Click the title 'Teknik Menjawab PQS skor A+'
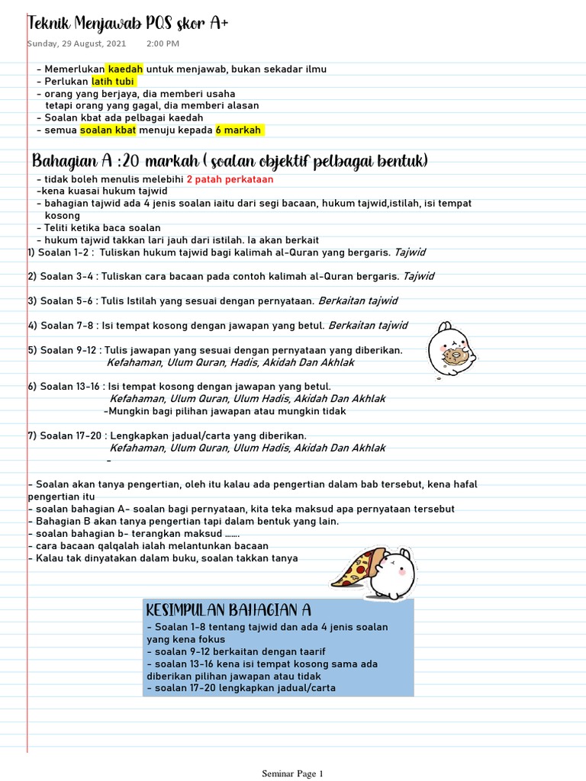[127, 24]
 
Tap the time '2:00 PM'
[163, 43]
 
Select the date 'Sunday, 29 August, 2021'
[76, 43]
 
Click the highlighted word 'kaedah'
[124, 69]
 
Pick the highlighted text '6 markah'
[239, 130]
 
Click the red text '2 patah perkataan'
[230, 179]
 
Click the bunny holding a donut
[451, 349]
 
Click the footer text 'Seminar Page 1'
[293, 773]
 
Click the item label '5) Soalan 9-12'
[63, 350]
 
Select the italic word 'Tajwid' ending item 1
[411, 252]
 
